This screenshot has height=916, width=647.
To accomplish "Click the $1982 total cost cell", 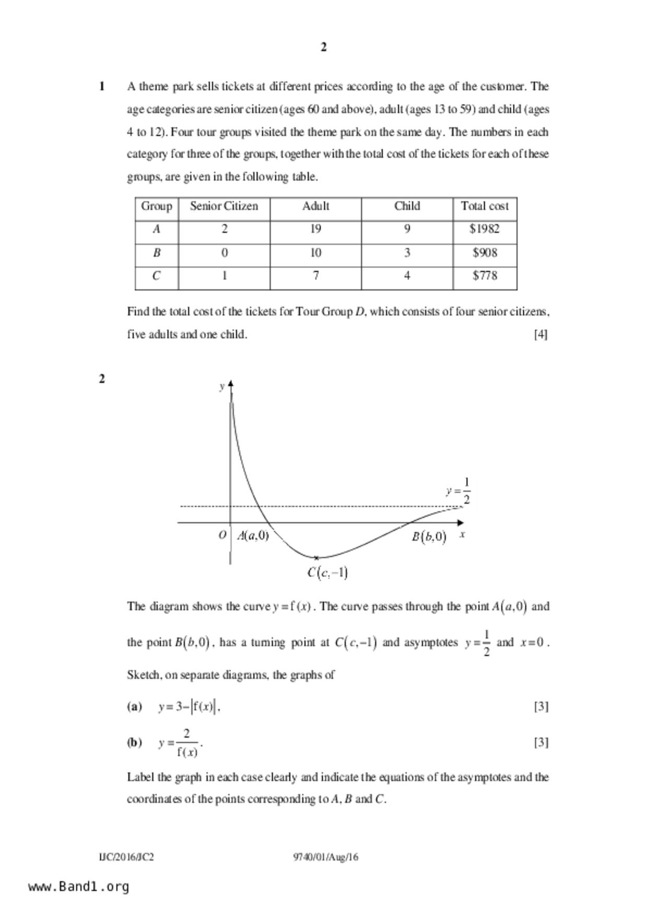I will [x=485, y=229].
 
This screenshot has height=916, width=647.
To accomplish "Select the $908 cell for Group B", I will [x=485, y=253].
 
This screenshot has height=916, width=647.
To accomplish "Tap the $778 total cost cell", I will [x=485, y=276].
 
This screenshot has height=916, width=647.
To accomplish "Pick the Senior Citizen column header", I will [x=224, y=206].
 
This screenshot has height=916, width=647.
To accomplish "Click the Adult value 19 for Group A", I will [x=315, y=229].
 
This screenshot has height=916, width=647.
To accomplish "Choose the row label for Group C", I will [x=156, y=276].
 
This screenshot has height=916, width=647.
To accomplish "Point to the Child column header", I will [x=407, y=206].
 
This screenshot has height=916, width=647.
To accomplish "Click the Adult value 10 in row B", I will [x=315, y=253].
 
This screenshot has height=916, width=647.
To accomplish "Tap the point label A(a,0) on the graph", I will [x=253, y=535].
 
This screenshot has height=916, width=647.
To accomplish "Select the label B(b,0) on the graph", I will [x=429, y=537].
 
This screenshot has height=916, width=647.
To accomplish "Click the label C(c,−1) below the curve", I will [x=327, y=573].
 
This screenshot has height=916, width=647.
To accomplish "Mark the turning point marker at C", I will [x=316, y=558].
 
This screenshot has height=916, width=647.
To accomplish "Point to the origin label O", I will [x=222, y=535].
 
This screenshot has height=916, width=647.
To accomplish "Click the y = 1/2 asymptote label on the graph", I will [x=459, y=491].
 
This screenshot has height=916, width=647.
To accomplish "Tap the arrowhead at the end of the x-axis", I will [x=460, y=522].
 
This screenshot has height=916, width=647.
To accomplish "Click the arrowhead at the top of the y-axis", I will [x=231, y=384].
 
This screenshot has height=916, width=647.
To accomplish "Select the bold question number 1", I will [x=102, y=87].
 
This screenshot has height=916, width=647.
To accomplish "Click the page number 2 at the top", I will [x=324, y=48].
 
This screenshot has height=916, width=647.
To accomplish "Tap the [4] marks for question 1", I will [x=540, y=334].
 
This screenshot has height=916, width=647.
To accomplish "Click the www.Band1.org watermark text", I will [x=78, y=886].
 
